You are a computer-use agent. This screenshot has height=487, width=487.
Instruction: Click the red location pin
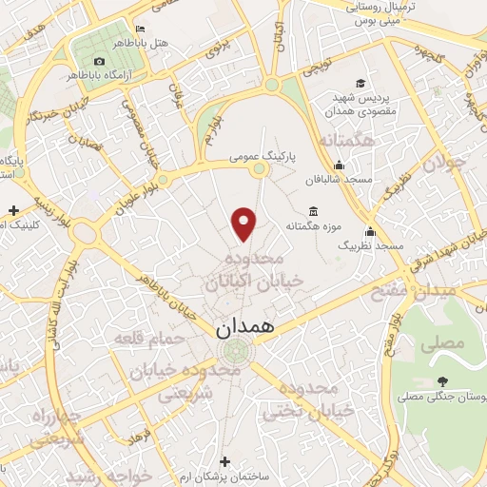coord(245,224)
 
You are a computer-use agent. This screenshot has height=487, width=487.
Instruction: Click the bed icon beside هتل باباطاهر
coord(140,29)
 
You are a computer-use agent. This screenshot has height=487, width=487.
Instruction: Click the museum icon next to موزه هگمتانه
coord(314,211)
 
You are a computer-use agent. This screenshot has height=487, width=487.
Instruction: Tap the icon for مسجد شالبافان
coord(339,166)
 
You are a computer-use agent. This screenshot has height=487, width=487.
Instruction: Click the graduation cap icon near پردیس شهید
coord(360,83)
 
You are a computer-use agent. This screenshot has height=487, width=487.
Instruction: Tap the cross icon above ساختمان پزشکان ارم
coord(224,460)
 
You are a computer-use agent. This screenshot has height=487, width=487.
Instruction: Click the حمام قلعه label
coord(145,338)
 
